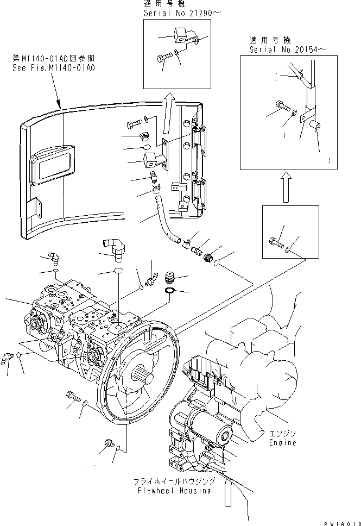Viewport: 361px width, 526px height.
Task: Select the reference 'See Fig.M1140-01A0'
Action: (x=53, y=68)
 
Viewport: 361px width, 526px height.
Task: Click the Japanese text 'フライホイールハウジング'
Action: (x=175, y=481)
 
